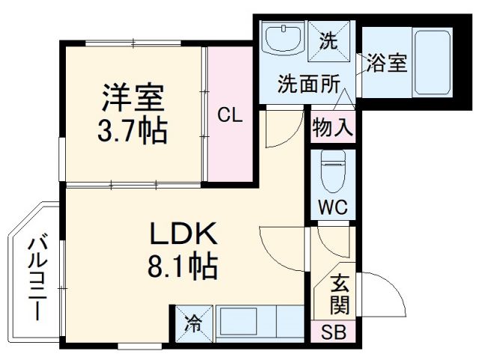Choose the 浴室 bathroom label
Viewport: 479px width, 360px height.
[387, 64]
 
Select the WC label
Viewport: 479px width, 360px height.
[332, 207]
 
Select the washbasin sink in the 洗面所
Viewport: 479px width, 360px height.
[284, 38]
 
